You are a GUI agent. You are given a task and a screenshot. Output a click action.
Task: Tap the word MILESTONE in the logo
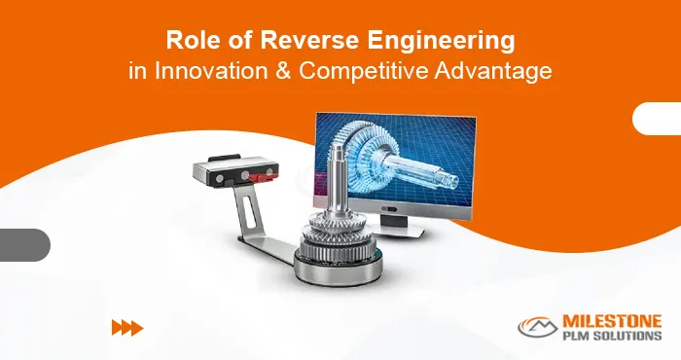point(611,321)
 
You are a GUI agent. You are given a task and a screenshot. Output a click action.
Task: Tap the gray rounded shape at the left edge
point(23,244)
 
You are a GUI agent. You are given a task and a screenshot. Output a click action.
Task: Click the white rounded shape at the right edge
point(657,118)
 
